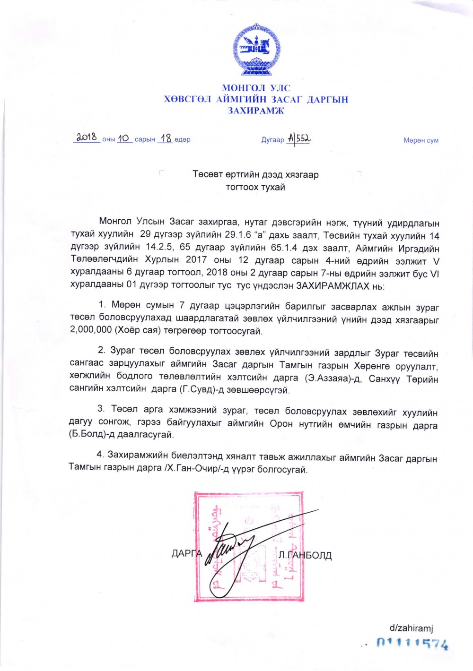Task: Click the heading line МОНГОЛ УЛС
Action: [x=256, y=88]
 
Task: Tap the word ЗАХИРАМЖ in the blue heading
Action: [x=256, y=111]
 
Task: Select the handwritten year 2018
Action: [x=87, y=138]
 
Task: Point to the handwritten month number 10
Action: [x=123, y=138]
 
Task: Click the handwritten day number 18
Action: [x=165, y=138]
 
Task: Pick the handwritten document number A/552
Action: [x=298, y=138]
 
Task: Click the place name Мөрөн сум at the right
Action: [x=421, y=140]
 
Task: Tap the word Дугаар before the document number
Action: [x=272, y=140]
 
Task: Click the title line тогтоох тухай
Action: [x=255, y=187]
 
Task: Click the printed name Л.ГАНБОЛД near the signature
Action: [x=306, y=555]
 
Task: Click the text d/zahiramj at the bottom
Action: [x=411, y=628]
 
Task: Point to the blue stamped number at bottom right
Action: [x=412, y=644]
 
